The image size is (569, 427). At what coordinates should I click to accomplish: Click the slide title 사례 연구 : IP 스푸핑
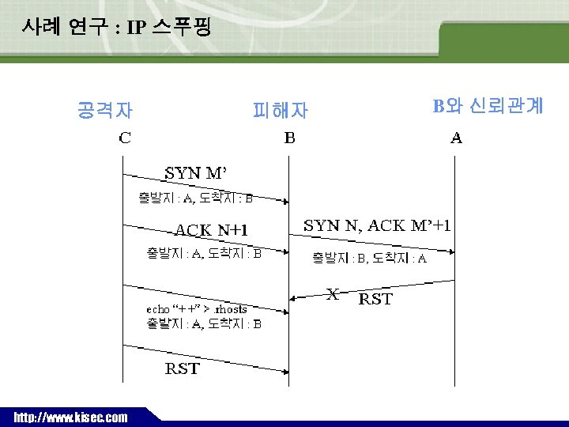[116, 28]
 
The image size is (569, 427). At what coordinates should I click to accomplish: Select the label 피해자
[280, 110]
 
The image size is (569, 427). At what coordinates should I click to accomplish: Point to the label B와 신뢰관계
[488, 106]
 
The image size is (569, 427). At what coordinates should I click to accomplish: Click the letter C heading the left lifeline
[125, 138]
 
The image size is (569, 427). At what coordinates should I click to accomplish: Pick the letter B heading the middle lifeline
[290, 138]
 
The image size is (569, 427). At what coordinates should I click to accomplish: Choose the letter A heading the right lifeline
[457, 138]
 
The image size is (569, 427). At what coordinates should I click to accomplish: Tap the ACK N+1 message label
[211, 230]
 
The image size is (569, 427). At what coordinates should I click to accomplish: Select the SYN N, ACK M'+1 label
[378, 225]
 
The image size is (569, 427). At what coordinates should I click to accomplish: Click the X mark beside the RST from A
[333, 294]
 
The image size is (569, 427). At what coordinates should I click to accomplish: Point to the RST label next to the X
[375, 299]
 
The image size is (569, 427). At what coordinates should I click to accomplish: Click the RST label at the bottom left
[182, 368]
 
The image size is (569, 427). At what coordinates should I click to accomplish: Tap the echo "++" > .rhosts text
[197, 309]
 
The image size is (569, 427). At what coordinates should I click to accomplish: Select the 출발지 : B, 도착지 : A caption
[369, 259]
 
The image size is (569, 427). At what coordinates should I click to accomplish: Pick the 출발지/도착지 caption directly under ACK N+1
[204, 254]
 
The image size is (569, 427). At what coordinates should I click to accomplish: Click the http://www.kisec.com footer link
[70, 417]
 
